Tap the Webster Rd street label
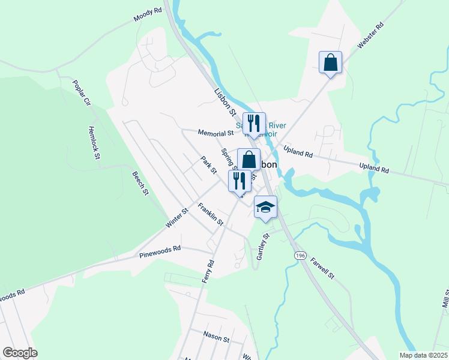pyautogui.click(x=370, y=37)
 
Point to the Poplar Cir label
pyautogui.click(x=81, y=93)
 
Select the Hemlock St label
pyautogui.click(x=93, y=143)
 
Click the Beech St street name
pyautogui.click(x=140, y=183)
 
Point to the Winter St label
pyautogui.click(x=177, y=218)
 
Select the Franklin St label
pyautogui.click(x=211, y=215)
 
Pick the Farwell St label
pyautogui.click(x=322, y=268)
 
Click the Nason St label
pyautogui.click(x=216, y=338)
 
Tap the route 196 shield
pyautogui.click(x=298, y=256)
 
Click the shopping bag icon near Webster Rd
pyautogui.click(x=330, y=62)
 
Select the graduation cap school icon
pyautogui.click(x=265, y=207)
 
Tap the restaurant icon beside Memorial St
pyautogui.click(x=253, y=124)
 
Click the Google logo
pyautogui.click(x=20, y=353)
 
